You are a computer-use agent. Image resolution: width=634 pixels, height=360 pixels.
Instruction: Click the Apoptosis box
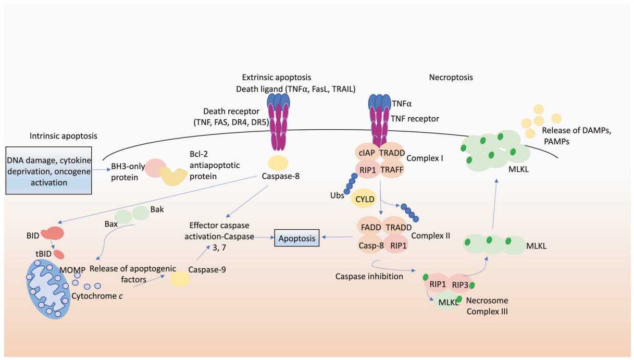(296, 238)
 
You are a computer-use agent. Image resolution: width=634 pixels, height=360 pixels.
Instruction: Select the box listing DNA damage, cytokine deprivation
(48, 170)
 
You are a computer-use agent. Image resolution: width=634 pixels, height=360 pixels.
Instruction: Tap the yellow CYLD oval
(365, 199)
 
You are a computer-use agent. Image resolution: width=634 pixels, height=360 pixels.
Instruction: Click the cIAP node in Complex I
(367, 152)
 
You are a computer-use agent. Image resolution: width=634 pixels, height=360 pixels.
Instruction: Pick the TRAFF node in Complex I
(392, 169)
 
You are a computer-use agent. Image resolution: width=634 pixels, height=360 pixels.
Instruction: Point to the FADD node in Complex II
(370, 227)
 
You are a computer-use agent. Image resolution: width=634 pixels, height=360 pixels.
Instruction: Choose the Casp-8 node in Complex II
(371, 245)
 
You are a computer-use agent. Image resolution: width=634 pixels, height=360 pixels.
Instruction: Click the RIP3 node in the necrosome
(460, 284)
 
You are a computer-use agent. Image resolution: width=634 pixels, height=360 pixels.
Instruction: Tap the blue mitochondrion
(48, 289)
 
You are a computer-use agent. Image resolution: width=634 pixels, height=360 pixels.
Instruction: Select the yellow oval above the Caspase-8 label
(278, 163)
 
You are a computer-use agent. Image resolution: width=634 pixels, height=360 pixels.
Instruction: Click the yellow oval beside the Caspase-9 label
(180, 279)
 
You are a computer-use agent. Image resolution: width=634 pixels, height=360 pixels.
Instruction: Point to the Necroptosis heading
(451, 77)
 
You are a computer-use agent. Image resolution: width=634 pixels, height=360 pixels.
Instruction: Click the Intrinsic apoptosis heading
(64, 136)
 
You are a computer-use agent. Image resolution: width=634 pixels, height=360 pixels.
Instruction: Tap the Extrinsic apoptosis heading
(277, 77)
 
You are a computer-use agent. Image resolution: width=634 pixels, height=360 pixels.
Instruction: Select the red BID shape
(53, 233)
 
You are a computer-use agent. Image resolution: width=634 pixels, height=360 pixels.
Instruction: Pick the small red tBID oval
(59, 254)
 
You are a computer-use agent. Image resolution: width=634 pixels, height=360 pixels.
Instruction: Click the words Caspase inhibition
(369, 276)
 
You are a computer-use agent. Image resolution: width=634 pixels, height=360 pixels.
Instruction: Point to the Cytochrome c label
(97, 296)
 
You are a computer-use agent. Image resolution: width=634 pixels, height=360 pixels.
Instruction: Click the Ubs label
(337, 195)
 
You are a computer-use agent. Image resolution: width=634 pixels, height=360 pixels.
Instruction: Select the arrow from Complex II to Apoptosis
(337, 237)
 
